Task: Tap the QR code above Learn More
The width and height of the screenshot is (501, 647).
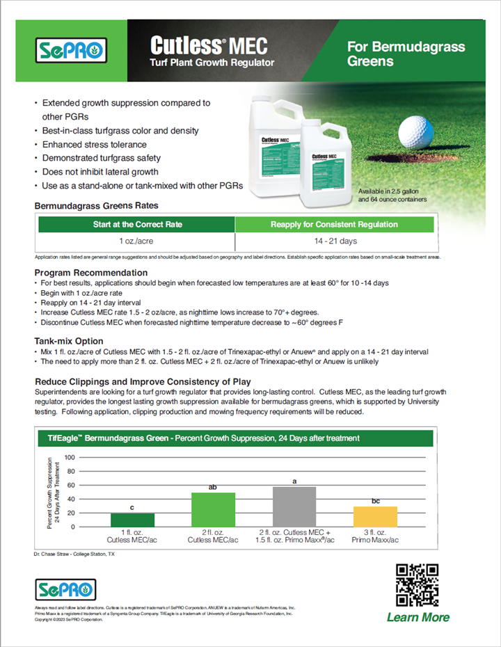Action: point(417,584)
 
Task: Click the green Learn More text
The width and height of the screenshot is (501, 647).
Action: point(417,617)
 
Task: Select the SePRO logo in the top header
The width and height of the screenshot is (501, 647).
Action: point(70,51)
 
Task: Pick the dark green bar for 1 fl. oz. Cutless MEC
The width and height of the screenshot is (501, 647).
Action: point(133,520)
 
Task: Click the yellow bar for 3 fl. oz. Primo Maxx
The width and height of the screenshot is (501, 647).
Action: point(375,516)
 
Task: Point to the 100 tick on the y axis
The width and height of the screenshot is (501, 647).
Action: point(69,458)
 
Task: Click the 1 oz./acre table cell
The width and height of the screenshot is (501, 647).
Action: point(136,241)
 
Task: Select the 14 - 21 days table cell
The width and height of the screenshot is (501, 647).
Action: point(334,241)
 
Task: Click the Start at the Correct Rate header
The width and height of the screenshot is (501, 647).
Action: point(136,225)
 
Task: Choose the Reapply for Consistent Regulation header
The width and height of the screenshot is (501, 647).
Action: point(334,225)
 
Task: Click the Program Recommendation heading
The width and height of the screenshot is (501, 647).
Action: point(91,273)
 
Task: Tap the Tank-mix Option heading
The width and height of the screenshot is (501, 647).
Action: point(69,341)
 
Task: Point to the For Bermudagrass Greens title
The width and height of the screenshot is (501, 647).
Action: point(406,54)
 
